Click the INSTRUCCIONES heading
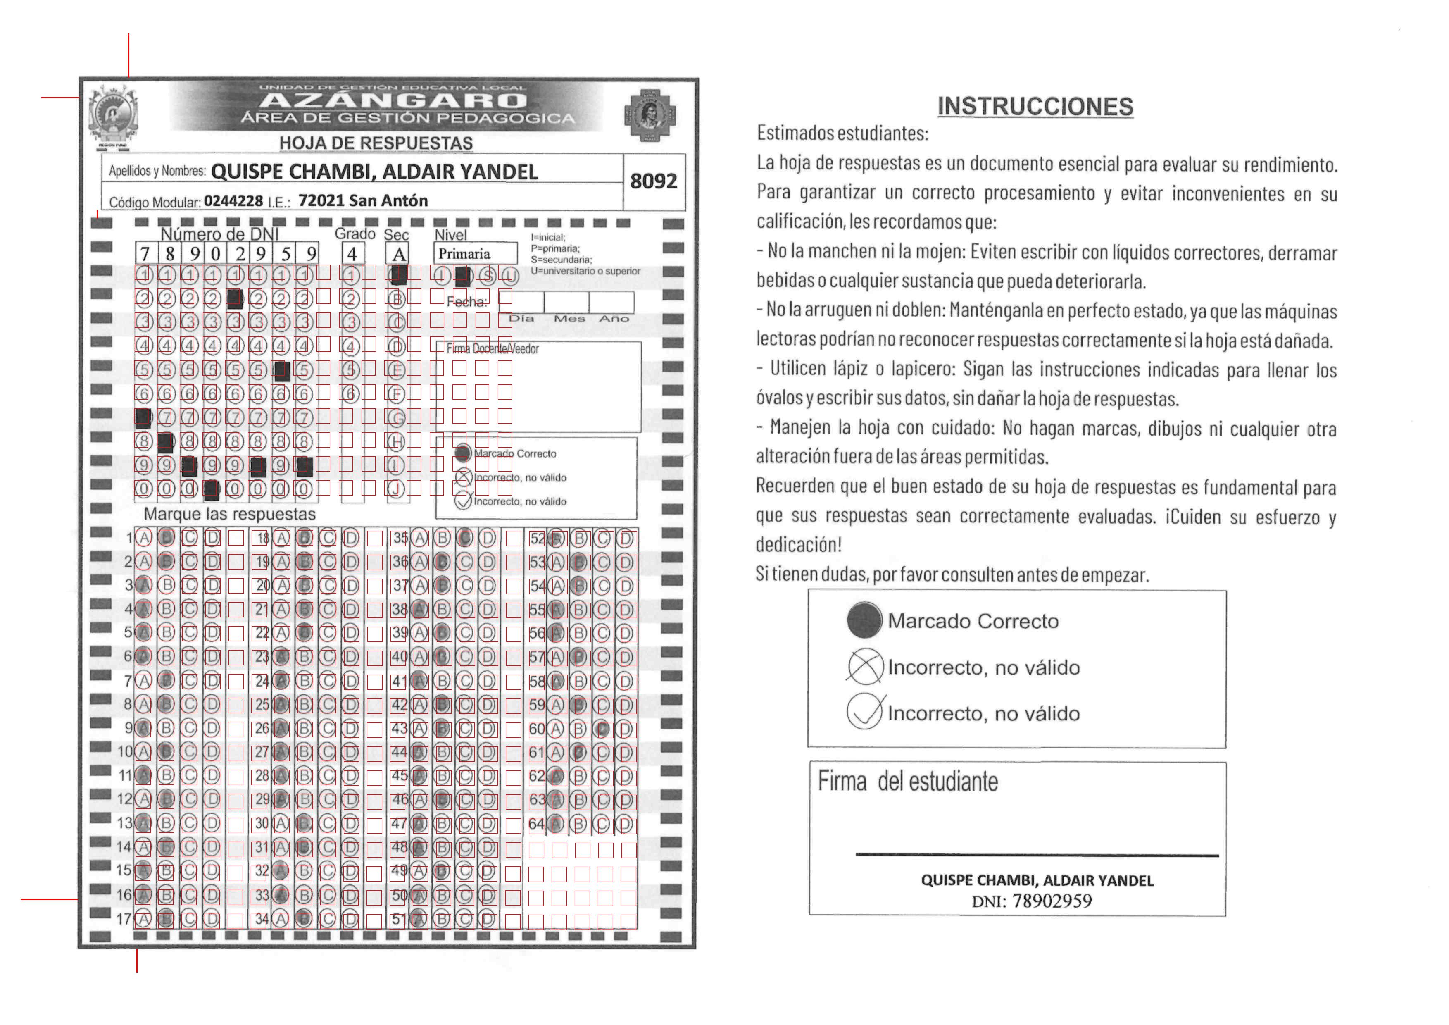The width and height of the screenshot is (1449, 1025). [x=1035, y=107]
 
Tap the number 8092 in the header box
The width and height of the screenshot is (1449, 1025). [x=653, y=181]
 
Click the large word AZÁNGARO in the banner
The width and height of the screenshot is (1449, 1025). [x=392, y=100]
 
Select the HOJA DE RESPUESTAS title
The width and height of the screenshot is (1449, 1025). [x=376, y=143]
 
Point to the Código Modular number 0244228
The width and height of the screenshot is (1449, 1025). [x=233, y=201]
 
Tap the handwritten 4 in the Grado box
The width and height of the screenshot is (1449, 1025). [x=352, y=254]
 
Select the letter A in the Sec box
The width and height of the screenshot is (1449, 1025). [x=399, y=254]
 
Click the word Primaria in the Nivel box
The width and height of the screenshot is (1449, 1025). [x=464, y=254]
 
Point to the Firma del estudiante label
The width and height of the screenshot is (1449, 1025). [x=907, y=782]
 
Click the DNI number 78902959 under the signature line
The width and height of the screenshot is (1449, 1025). [x=1052, y=901]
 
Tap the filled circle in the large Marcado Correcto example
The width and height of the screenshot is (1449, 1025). [x=864, y=620]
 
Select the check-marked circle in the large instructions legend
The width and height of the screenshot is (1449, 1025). [x=864, y=712]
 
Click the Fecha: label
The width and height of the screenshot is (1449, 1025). [x=466, y=302]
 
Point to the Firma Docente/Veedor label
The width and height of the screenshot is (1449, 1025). [x=492, y=348]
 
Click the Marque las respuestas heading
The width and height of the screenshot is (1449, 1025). [x=230, y=514]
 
